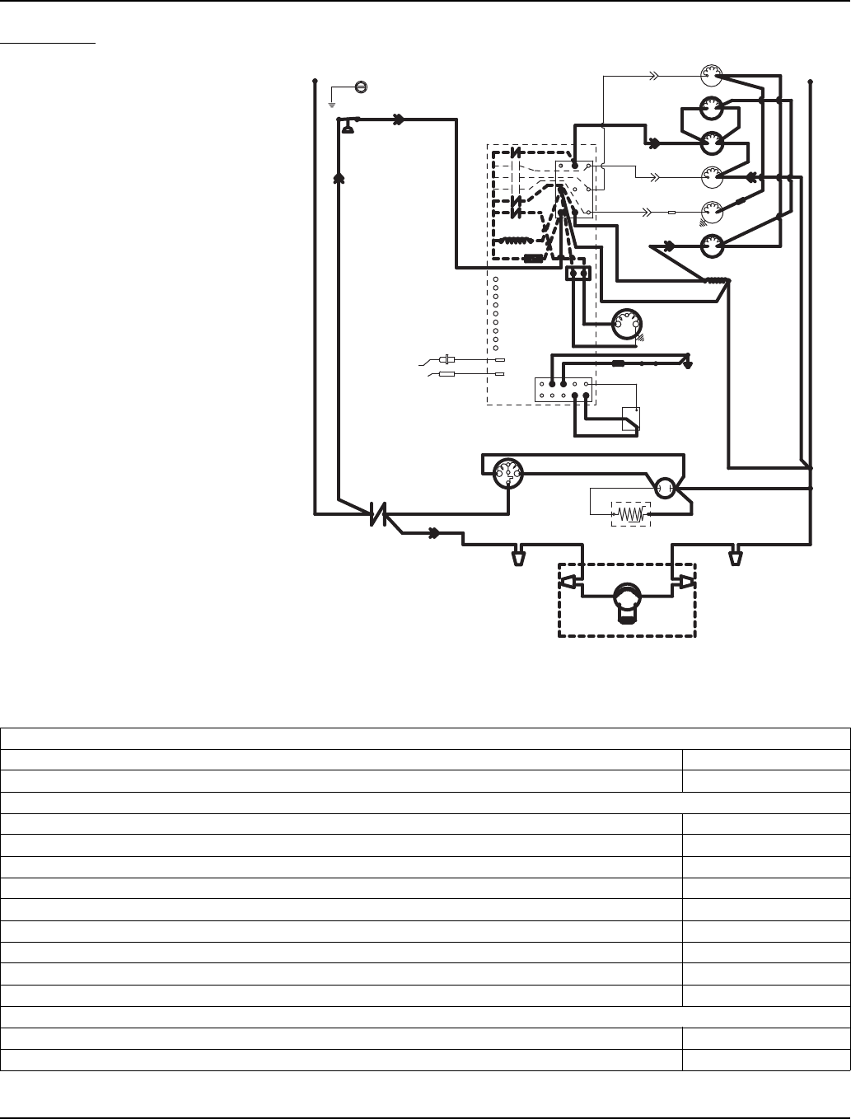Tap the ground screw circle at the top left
pos(360,87)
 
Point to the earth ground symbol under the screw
pos(332,102)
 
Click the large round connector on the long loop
pos(507,474)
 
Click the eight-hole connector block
pos(563,389)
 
